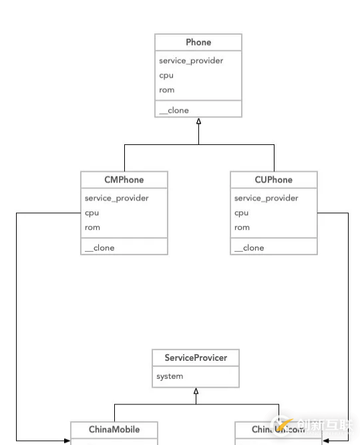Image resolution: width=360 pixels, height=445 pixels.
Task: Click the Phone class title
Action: coord(198,42)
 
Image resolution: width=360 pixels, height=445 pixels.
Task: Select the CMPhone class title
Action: coord(124,180)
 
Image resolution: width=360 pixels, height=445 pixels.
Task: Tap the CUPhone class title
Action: coord(274,180)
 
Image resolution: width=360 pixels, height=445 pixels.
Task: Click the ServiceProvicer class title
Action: coord(196,358)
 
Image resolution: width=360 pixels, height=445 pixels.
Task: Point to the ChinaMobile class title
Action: coord(114,430)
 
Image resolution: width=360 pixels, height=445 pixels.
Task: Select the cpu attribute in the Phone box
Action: coord(166,76)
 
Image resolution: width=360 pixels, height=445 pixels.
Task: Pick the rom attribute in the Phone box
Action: coord(166,90)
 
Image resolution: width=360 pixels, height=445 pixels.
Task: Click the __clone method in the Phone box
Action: coord(174,110)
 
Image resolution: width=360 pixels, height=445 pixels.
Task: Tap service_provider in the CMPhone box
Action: coord(117,198)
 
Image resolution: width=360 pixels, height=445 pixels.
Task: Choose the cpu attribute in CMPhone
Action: coord(92,213)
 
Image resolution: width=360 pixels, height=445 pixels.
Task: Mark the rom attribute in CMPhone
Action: coord(92,228)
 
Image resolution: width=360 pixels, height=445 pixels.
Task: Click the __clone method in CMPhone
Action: coord(100,248)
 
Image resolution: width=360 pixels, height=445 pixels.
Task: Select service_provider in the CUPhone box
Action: coord(266,198)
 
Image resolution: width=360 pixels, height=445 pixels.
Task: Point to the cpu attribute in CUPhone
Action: coord(242,213)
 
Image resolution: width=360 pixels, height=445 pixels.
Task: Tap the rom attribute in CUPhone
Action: coord(242,228)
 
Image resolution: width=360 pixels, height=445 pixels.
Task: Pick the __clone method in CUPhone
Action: coord(249,248)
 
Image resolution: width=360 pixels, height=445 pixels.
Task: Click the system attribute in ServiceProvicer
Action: coord(170,377)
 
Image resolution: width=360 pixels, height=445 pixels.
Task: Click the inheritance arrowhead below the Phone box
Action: coord(198,121)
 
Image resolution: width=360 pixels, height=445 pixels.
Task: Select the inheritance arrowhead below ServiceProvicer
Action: coord(196,392)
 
